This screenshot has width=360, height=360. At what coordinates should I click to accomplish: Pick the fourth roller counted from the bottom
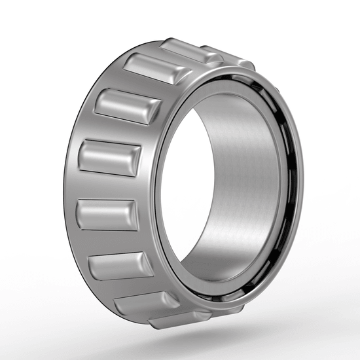tap(107, 215)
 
